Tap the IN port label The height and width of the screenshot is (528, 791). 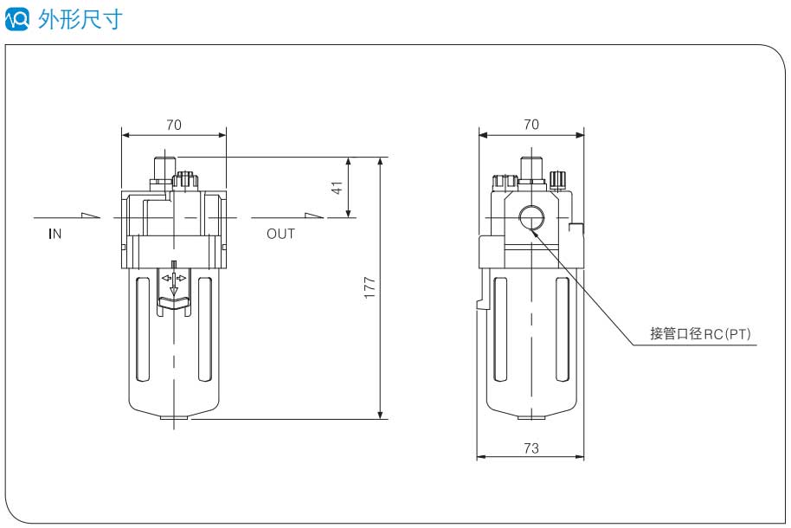[x=55, y=234]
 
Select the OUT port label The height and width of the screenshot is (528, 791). [x=280, y=234]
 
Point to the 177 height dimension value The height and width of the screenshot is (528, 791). [x=370, y=288]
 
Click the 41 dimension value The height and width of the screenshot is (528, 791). [x=338, y=186]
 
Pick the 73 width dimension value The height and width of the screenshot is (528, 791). [x=531, y=448]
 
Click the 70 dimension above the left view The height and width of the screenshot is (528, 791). [x=174, y=125]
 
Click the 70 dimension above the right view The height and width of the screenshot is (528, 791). [x=531, y=125]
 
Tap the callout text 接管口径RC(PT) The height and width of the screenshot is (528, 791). [x=701, y=333]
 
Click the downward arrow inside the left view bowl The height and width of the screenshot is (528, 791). [x=174, y=287]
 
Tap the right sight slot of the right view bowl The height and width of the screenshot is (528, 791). [x=563, y=329]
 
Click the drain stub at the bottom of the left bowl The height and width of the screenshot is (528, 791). [x=174, y=422]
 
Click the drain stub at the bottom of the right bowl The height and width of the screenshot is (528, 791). [x=531, y=417]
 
